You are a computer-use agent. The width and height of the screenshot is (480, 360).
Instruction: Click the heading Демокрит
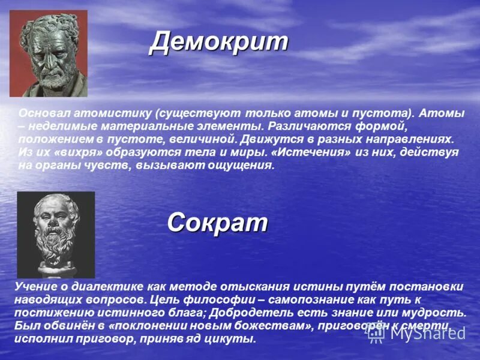(218, 42)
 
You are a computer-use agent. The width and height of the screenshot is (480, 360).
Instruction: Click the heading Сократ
(217, 223)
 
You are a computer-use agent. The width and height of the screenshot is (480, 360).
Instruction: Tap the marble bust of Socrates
(55, 234)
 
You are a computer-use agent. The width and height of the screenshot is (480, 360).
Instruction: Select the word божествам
(270, 326)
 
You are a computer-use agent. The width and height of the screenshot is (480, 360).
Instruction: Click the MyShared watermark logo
(416, 332)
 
